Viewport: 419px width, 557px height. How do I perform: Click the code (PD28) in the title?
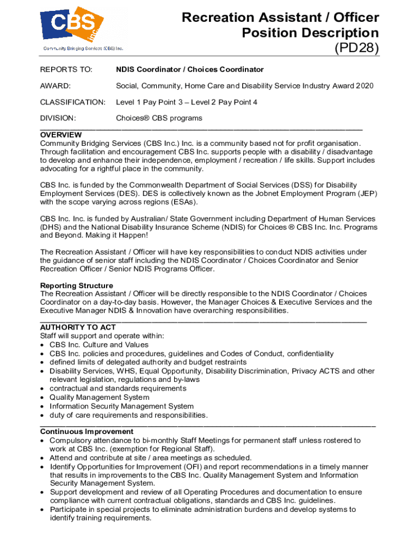click(356, 48)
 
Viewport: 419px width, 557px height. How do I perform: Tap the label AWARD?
click(56, 86)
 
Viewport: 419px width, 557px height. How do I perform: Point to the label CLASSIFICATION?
click(73, 102)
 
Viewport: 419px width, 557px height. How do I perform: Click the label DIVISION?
click(58, 118)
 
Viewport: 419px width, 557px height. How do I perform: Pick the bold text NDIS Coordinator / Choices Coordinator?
click(189, 70)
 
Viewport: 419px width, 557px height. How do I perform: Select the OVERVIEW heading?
click(61, 135)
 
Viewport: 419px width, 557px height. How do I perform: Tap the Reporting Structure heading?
click(77, 286)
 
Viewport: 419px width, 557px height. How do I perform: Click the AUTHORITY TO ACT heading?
click(78, 327)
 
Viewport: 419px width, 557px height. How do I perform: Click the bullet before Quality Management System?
click(42, 398)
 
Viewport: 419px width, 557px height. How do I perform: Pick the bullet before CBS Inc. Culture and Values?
click(42, 345)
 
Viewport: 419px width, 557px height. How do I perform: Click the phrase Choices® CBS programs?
click(159, 118)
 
